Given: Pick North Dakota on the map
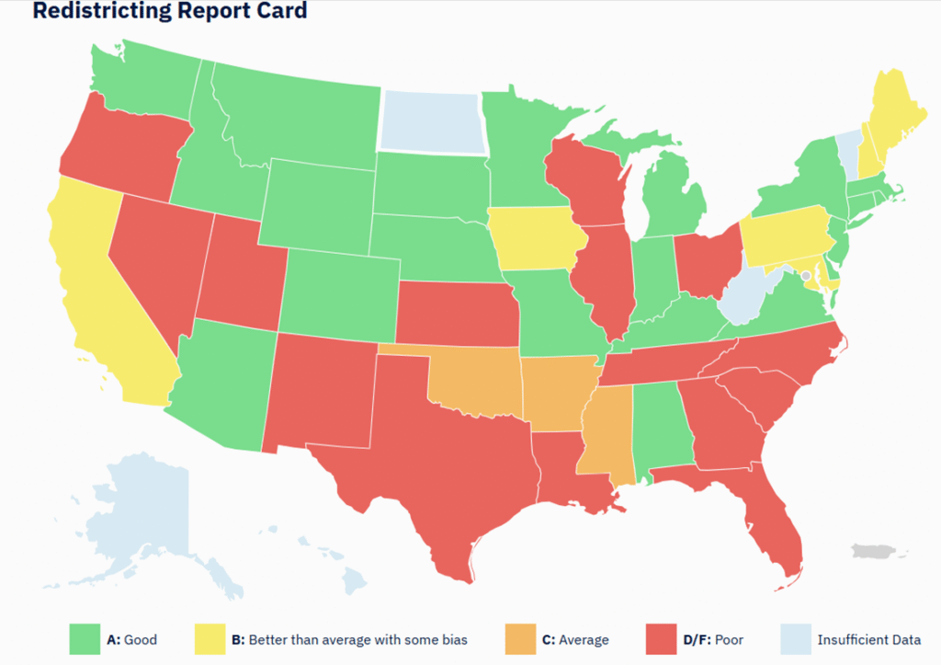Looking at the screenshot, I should (430, 121).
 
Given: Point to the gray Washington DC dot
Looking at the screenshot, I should (806, 275).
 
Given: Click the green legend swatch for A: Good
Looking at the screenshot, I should (84, 639).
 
